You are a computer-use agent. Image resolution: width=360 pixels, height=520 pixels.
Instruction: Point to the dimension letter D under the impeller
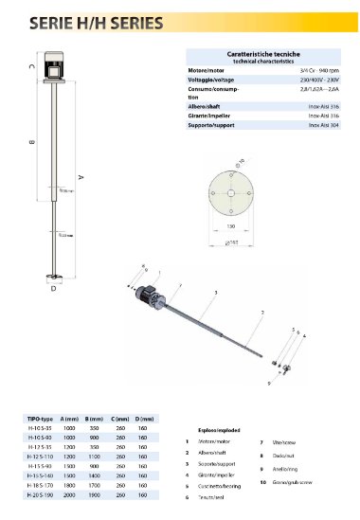(53, 289)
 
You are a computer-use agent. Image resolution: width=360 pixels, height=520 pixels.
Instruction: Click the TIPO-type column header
(38, 418)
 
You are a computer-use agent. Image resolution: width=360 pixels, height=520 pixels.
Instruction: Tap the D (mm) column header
(144, 418)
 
